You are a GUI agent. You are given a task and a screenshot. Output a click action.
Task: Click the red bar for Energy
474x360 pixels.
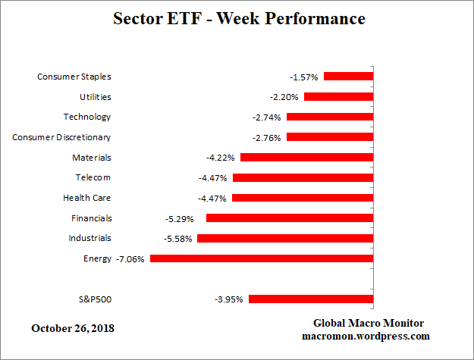262,258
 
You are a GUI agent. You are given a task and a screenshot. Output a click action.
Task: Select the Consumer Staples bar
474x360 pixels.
349,77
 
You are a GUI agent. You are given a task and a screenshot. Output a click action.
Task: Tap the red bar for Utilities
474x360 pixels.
338,97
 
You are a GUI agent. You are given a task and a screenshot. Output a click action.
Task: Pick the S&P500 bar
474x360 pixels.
311,299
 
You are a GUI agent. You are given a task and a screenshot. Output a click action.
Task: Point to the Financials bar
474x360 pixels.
290,218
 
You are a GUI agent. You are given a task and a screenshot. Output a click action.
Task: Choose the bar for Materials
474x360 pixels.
307,158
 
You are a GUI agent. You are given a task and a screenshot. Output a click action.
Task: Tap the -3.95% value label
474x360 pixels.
229,299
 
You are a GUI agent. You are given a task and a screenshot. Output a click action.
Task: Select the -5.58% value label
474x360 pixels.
179,239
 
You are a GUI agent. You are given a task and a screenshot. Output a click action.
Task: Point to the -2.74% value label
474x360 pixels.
267,117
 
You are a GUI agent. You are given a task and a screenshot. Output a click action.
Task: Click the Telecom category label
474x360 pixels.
93,177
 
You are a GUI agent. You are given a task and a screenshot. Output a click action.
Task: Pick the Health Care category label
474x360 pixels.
86,198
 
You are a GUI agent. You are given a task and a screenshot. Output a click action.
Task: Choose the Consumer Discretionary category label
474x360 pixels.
61,137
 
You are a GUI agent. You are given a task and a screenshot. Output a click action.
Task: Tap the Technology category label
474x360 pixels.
86,117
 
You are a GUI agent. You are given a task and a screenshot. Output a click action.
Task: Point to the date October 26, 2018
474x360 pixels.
74,328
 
